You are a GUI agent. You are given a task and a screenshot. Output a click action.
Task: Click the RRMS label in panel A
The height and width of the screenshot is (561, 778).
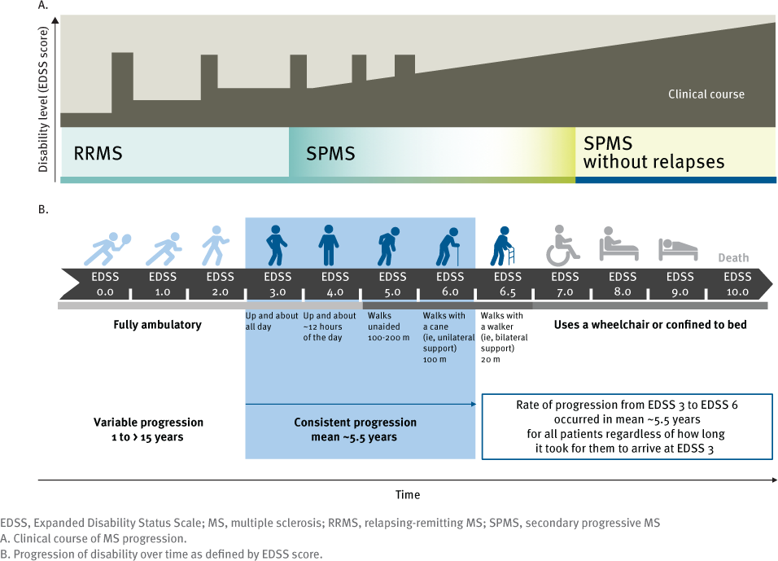98,152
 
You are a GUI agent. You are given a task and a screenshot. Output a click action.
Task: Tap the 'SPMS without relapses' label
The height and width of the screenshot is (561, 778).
653,152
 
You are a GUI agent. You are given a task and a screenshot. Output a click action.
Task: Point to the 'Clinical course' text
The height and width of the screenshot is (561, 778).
706,94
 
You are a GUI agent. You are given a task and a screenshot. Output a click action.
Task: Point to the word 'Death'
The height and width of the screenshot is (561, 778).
733,258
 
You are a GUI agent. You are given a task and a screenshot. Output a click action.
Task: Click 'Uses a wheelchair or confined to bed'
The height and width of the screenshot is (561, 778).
650,325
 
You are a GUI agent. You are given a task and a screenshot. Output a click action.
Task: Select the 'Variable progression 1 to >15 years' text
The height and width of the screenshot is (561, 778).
148,430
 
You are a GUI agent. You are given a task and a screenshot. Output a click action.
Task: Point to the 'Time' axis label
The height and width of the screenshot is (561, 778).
408,494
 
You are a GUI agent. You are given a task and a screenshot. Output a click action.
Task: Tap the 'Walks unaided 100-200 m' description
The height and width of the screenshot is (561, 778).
389,326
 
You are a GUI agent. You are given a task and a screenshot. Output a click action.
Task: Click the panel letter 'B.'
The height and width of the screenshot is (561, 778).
43,209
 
